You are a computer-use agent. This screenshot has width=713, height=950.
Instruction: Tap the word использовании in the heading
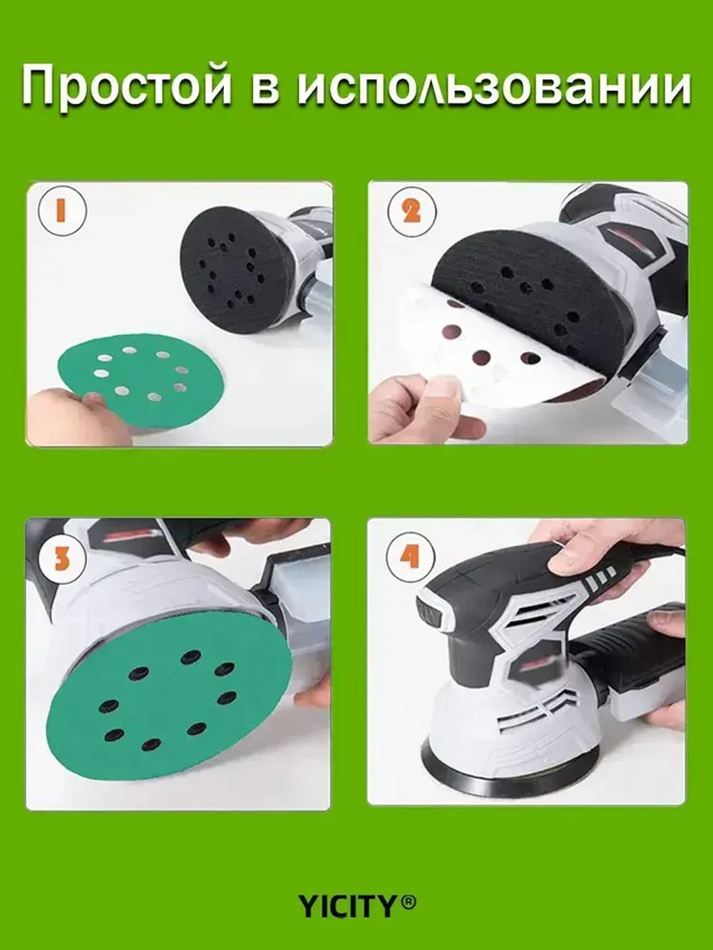pyautogui.click(x=493, y=85)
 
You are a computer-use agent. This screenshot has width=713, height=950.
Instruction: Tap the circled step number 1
pyautogui.click(x=62, y=210)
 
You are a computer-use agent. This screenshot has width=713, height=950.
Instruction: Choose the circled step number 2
pyautogui.click(x=411, y=212)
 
